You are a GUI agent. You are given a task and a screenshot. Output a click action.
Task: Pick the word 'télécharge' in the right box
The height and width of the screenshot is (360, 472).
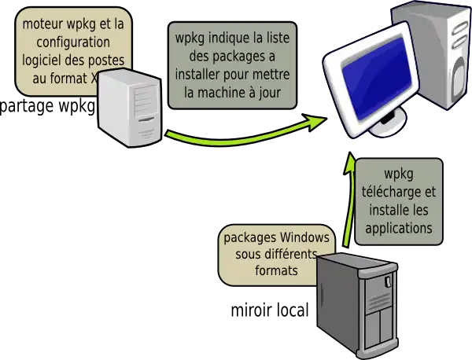[x=399, y=192]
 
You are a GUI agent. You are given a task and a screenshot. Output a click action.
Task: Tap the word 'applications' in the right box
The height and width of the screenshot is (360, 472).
[x=399, y=228]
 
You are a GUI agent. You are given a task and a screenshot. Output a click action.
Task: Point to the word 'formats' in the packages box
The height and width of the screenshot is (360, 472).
[x=276, y=272]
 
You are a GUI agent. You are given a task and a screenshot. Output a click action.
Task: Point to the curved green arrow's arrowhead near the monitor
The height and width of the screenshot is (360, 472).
[x=317, y=122]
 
